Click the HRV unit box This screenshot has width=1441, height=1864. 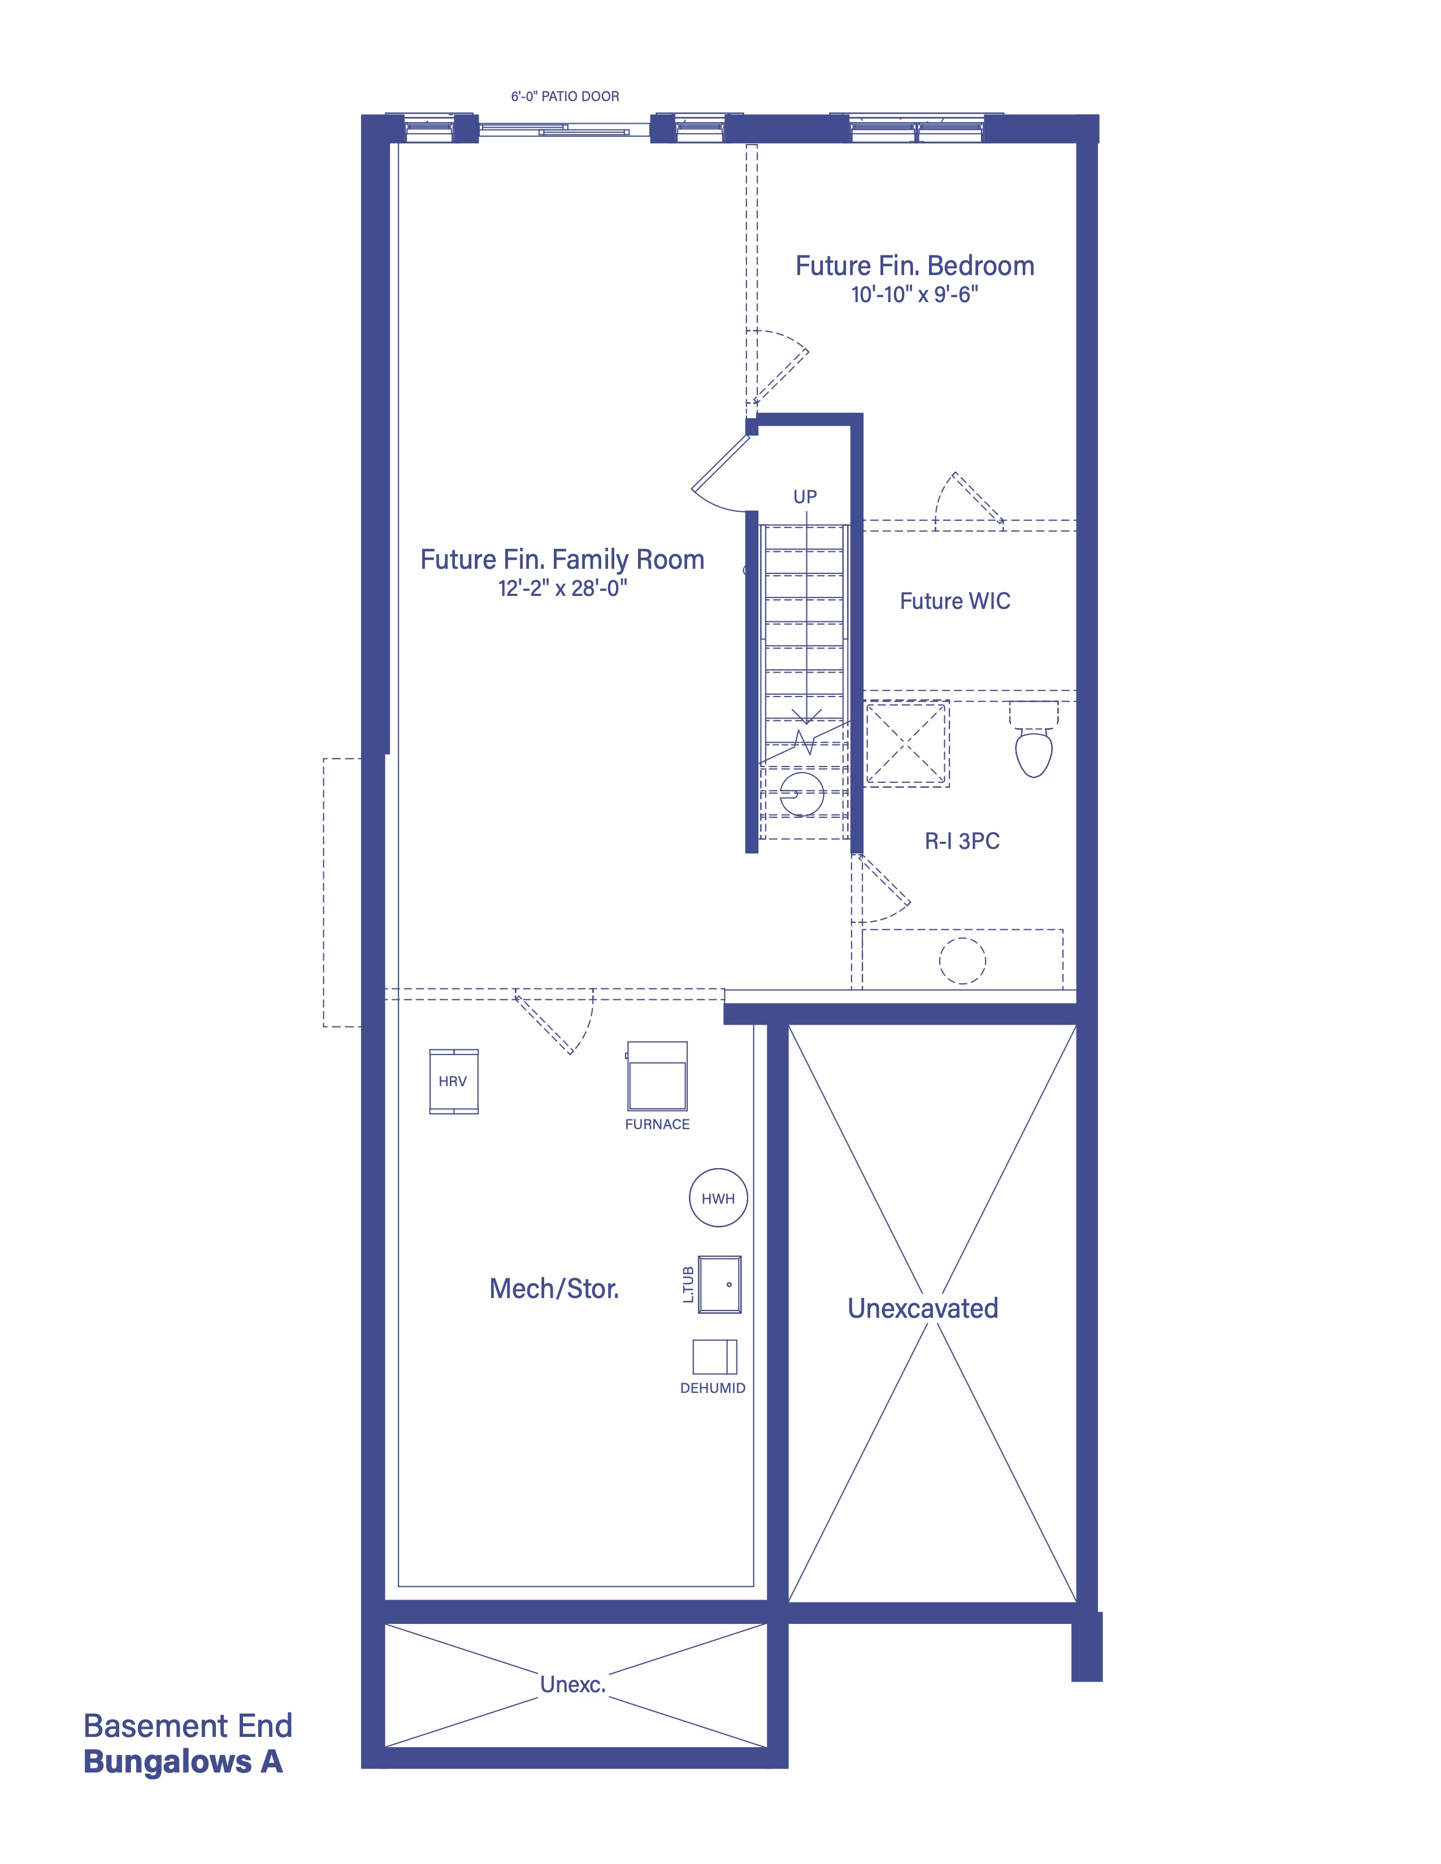coord(453,1081)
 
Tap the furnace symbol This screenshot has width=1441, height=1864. coord(657,1075)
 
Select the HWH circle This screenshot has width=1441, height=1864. coord(718,1197)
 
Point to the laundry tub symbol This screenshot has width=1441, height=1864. coord(719,1284)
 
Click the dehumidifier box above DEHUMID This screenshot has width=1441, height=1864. coord(714,1356)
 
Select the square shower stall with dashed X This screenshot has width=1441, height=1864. coord(906,743)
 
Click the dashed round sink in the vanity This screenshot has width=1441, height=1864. coord(962,960)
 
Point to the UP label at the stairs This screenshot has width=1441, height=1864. coord(805,497)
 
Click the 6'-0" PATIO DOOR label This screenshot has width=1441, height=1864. coord(565,97)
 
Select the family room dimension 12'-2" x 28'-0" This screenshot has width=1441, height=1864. coord(563,588)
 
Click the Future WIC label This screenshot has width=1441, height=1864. coord(954,601)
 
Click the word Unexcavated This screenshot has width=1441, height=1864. coord(923,1308)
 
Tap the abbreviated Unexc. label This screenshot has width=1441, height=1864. coord(573,1685)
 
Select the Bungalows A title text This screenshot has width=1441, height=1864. coord(183,1762)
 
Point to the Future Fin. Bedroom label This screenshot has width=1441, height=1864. coord(914,265)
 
